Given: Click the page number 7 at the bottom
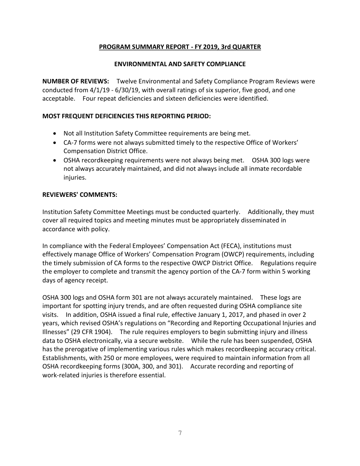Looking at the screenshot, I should point(180,433).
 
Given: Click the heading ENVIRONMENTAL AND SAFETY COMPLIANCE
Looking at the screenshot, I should point(180,64).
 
